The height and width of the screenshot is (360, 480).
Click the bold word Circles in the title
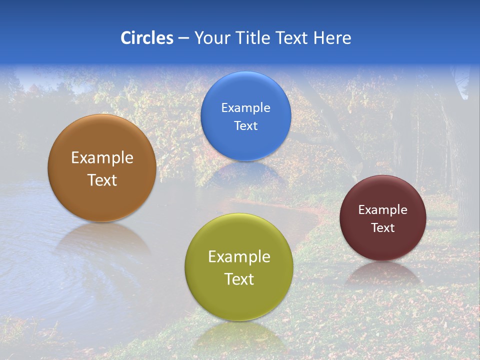(x=146, y=38)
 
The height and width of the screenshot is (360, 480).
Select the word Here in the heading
(x=332, y=38)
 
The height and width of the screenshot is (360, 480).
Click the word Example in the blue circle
(x=245, y=108)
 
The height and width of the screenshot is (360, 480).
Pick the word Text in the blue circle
(x=245, y=126)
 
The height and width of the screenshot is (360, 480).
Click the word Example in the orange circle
(x=102, y=158)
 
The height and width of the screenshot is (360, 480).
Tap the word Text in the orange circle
(x=102, y=180)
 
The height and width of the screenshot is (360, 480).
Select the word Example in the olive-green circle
(x=239, y=257)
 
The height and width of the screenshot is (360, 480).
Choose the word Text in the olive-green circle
(x=239, y=279)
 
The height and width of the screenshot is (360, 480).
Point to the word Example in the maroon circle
(x=382, y=210)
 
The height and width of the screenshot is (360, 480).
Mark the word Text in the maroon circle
(x=382, y=228)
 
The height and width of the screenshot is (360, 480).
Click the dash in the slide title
(x=183, y=38)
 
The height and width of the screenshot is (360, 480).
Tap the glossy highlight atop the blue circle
(x=245, y=80)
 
